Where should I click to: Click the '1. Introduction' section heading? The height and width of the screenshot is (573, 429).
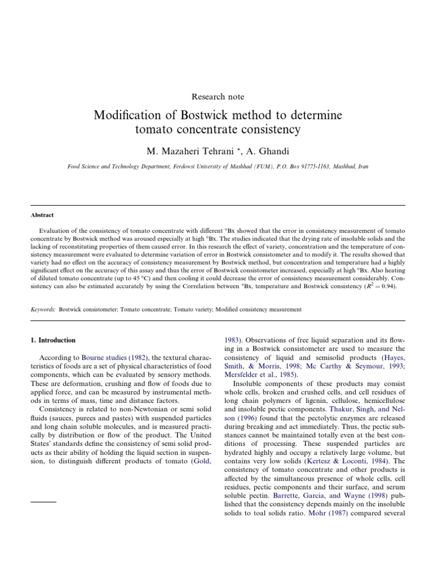point(52,340)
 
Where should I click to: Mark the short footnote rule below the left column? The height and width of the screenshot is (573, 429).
point(44,502)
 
